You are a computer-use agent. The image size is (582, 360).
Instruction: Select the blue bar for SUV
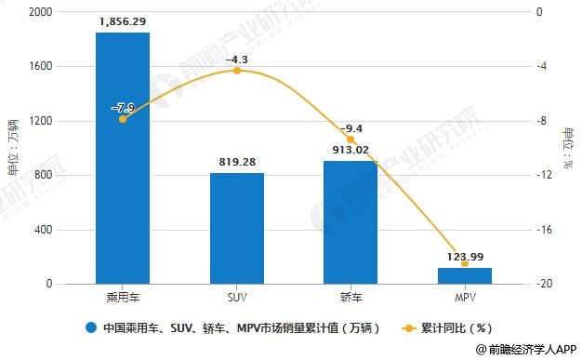coord(236,228)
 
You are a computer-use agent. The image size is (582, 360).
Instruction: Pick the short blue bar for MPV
coord(464,275)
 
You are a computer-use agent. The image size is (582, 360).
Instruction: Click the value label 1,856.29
coord(123,20)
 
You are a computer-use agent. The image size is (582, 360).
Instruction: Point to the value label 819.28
coord(236,161)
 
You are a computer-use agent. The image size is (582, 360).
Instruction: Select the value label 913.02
coord(351,149)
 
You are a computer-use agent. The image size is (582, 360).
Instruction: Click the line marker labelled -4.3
coord(236,71)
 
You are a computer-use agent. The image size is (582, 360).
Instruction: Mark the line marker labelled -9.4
coord(351,140)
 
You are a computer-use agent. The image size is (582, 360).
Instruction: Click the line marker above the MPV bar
coord(464,264)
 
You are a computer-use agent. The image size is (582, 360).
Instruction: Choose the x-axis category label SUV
coord(236,300)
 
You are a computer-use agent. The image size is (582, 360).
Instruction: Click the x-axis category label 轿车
coord(351,300)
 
